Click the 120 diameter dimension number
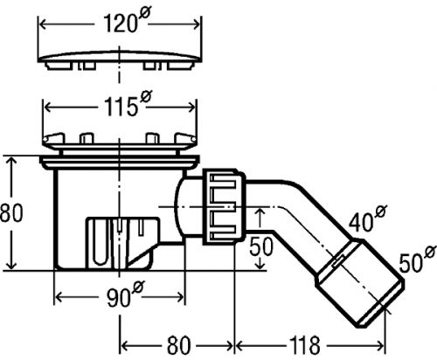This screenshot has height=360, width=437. pos(120,24)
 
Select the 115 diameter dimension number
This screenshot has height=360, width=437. pos(121,107)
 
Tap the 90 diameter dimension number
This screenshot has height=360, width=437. pos(118,298)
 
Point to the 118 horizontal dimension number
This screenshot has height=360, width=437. pos(304,345)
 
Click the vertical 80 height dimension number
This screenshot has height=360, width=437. pos(10,213)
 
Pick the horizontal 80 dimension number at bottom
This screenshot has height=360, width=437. pos(178,345)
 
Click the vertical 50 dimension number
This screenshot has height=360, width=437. pos(262,246)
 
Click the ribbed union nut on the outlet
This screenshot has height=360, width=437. pos(224,206)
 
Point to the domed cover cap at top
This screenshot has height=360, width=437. pos(120,60)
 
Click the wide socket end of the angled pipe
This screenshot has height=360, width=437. pos(360,282)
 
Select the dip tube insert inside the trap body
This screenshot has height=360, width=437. pos(122,241)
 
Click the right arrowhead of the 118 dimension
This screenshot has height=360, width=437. pos(380,345)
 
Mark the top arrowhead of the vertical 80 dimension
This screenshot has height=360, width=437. pos(11,161)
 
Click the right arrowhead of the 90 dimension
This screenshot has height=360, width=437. pos(180,298)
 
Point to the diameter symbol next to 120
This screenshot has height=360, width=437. pos(143,13)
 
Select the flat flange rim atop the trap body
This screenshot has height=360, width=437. pos(120,159)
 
